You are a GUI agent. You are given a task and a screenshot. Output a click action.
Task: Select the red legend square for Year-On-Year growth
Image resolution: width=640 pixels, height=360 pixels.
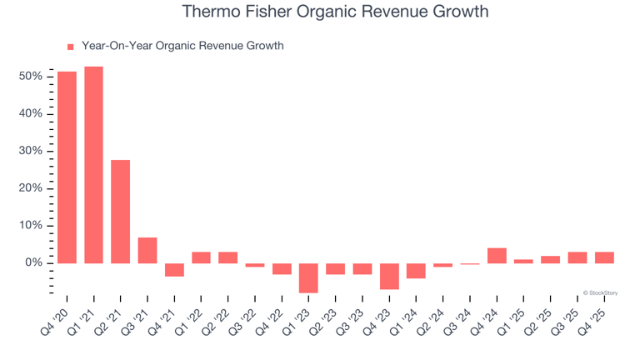point(71,47)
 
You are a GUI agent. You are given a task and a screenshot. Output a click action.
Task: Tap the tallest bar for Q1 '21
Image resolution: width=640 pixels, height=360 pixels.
point(93,165)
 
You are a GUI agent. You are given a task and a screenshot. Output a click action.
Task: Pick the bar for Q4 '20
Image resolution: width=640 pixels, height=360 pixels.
point(67,167)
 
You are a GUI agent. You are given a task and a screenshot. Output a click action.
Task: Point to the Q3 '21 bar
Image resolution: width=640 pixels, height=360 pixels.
point(147,250)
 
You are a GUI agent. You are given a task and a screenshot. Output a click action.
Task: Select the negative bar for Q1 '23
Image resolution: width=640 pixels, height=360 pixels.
point(308,278)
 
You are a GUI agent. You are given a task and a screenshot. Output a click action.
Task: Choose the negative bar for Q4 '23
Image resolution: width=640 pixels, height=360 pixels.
point(389,277)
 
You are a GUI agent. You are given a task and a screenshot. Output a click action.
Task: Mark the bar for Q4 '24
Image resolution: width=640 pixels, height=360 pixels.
point(497,256)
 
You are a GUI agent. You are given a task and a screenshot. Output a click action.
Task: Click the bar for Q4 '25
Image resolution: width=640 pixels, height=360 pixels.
point(604,257)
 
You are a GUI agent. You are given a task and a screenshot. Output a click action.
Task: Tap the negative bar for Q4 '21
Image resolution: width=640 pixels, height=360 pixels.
point(174,270)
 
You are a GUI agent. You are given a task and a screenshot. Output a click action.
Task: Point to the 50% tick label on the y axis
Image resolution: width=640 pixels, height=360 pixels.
point(32,77)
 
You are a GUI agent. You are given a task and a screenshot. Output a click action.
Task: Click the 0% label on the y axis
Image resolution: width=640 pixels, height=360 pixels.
point(34,263)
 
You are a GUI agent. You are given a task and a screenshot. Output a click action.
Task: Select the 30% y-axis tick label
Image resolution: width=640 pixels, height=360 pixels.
point(32,152)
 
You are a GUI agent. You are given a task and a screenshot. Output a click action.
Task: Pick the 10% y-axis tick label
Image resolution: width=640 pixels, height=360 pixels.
point(32,226)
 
